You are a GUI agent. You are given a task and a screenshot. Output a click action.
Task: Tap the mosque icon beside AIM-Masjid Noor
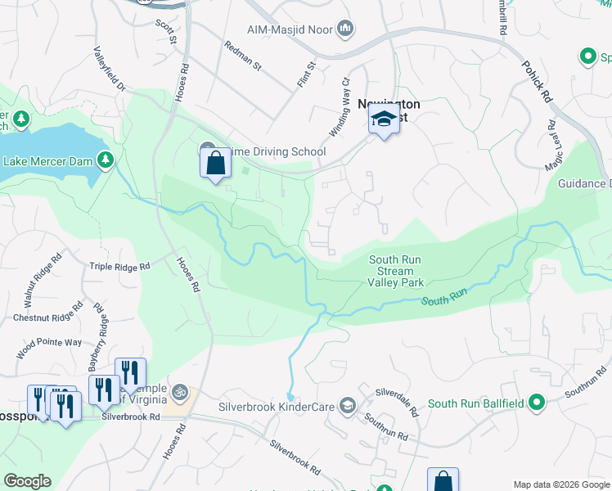345,29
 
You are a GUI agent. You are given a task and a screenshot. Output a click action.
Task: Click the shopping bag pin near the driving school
215,163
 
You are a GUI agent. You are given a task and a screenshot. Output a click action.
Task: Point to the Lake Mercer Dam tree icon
106,160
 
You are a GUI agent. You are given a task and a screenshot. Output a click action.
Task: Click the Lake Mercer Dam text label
47,160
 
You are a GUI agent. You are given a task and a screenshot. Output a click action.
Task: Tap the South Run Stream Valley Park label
395,272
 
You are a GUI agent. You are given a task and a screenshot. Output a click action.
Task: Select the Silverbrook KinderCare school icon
349,406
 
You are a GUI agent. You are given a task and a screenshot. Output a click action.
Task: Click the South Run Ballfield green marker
536,402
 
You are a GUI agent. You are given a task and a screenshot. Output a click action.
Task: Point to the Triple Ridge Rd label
120,267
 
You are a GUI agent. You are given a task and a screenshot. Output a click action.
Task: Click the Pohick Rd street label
537,80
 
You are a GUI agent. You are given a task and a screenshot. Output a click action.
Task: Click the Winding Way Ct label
345,91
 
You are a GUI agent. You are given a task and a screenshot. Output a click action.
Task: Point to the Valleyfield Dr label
109,69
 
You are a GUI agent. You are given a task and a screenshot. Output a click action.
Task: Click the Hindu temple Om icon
182,393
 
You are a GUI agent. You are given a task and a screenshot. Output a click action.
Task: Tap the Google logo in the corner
27,481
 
